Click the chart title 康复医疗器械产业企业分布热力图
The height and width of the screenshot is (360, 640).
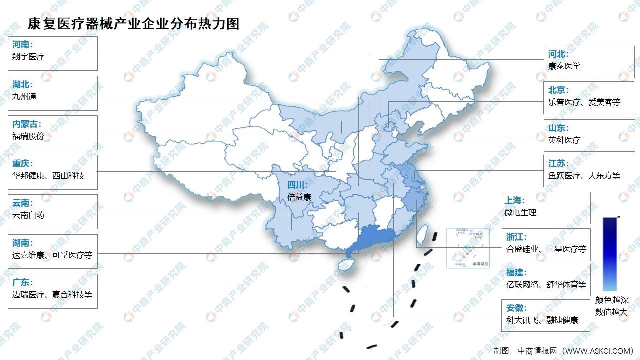pos(134,23)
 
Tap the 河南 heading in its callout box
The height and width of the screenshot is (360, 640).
pos(22,44)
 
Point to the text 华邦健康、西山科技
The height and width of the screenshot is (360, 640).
pos(48,176)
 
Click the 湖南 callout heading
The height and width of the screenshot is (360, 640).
pos(22,243)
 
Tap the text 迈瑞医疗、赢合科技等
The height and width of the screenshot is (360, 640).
pos(52,294)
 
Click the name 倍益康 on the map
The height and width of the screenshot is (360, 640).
pos(299,197)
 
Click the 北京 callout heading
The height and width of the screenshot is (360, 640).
pos(558,90)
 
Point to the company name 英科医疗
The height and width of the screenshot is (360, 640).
pos(564,140)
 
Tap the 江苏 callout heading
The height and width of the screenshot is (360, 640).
pos(558,163)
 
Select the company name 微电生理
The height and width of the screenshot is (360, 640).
pos(520,212)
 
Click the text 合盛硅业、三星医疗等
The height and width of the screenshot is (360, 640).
pos(546,249)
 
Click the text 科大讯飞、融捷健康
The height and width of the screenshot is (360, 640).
pos(542,320)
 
